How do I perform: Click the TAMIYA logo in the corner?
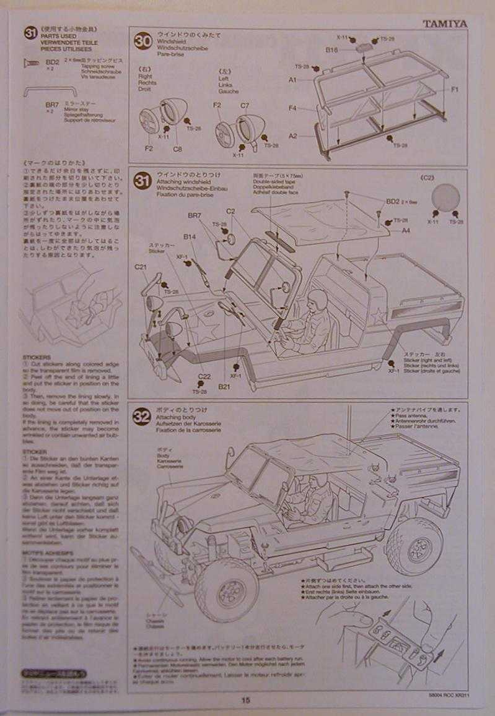[445, 24]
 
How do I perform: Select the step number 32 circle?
[142, 416]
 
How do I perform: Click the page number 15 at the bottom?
[247, 700]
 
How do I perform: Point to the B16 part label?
[331, 49]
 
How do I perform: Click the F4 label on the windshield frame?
[292, 108]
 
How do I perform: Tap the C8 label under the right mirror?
[178, 149]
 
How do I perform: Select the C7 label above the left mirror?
[245, 106]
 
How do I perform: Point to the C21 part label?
[141, 267]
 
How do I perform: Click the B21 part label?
[224, 387]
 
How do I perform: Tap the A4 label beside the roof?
[406, 230]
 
